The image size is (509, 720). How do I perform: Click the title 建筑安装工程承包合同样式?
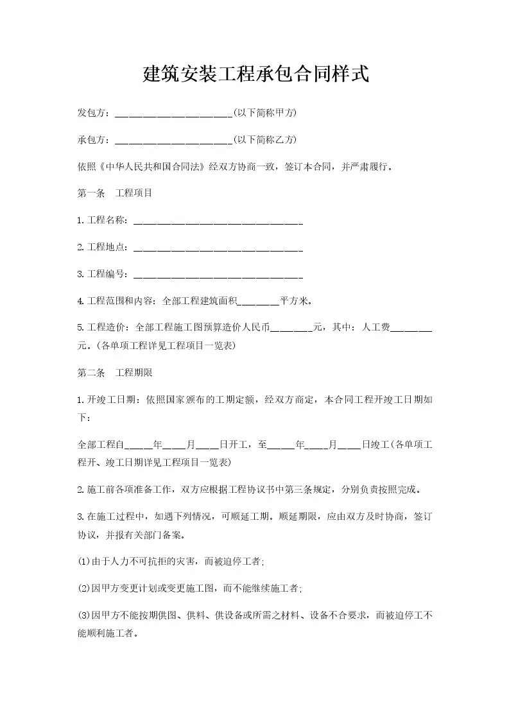(255, 74)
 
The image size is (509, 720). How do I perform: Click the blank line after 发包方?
(173, 114)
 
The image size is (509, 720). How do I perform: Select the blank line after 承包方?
(173, 141)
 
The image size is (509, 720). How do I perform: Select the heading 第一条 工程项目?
(115, 193)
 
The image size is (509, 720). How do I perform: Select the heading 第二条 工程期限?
(115, 372)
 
